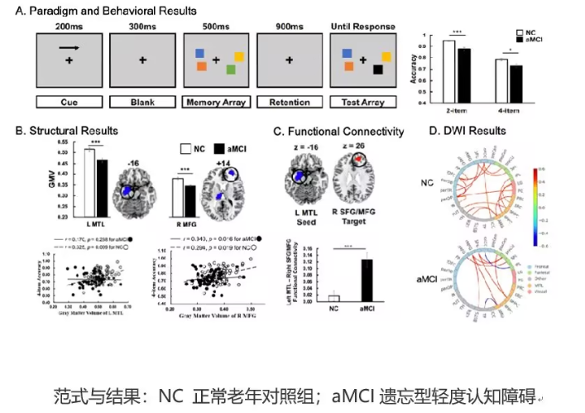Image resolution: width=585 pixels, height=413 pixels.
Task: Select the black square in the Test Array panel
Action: [x=378, y=70]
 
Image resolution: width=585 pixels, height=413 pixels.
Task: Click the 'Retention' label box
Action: [x=290, y=103]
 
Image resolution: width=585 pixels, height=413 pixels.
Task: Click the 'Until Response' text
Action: [x=366, y=27]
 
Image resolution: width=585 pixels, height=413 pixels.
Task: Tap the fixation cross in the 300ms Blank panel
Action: [x=141, y=60]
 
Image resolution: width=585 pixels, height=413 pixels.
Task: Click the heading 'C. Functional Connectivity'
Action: [x=338, y=132]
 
